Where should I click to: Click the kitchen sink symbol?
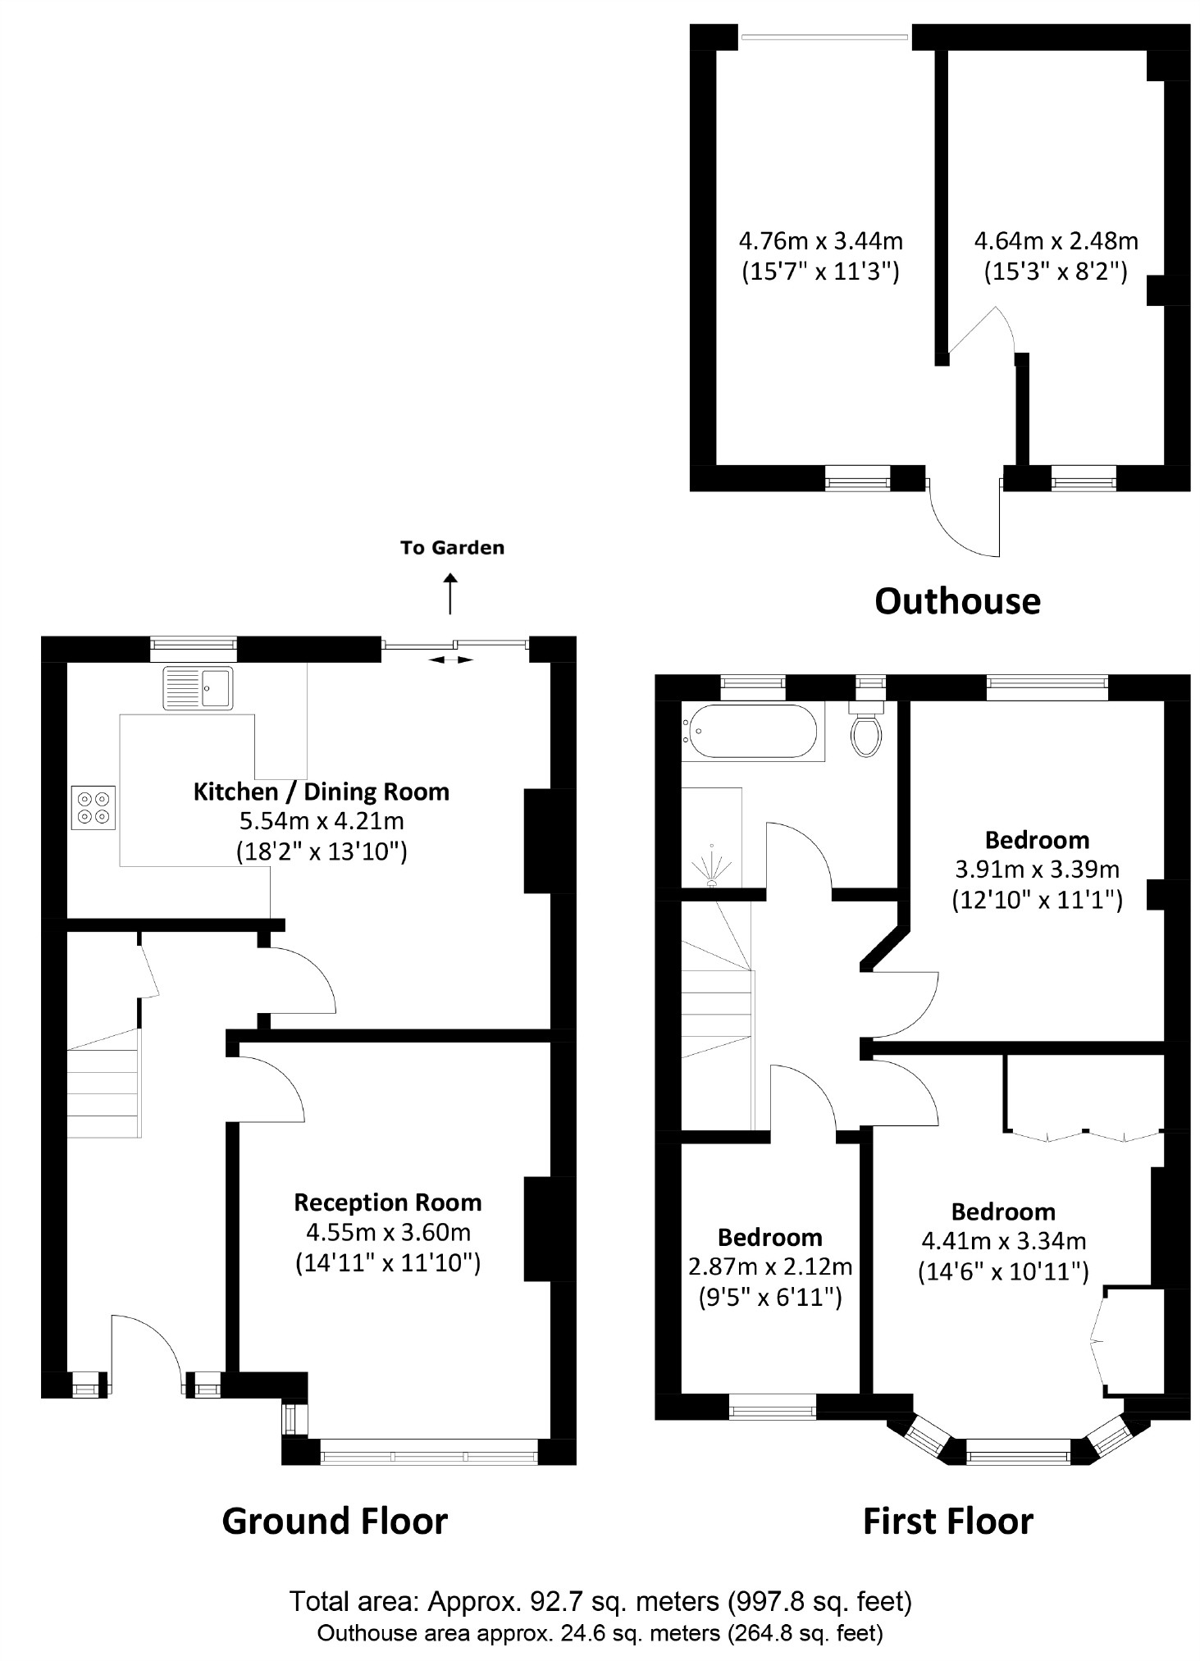pos(198,687)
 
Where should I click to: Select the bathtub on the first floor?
pos(752,731)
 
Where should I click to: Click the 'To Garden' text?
pos(452,548)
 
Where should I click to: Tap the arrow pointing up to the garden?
pos(450,594)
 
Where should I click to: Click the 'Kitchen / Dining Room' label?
pos(322,792)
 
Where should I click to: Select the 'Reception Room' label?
pos(387,1202)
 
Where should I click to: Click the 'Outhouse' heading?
pos(957,600)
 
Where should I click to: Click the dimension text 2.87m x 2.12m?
pos(769,1267)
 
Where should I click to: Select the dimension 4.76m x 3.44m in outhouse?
pos(820,241)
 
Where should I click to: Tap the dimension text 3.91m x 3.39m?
pos(1037,869)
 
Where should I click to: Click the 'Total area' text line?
pos(600,1600)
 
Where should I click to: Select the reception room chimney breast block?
pos(537,1229)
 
